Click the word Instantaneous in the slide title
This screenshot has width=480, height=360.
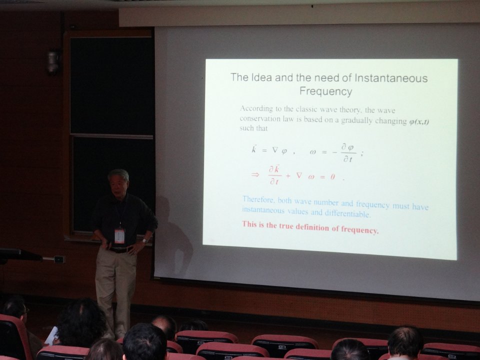click(x=391, y=78)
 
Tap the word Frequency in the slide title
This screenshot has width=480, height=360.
click(x=325, y=91)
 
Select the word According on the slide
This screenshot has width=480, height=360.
click(x=256, y=108)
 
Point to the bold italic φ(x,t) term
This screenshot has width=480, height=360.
click(x=419, y=121)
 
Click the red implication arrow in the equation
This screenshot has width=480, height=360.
click(x=255, y=174)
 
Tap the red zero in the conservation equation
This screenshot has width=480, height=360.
click(x=332, y=177)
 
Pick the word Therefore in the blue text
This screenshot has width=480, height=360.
click(x=258, y=199)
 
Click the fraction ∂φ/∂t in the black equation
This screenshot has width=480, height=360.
click(x=348, y=153)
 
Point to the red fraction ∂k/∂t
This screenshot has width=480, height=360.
click(x=274, y=175)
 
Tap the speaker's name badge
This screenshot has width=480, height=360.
click(x=119, y=235)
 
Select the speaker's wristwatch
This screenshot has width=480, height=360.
click(x=144, y=241)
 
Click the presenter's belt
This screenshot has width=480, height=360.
click(x=120, y=250)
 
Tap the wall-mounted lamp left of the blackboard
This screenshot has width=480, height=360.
click(x=53, y=62)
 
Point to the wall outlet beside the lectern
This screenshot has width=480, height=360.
click(x=59, y=259)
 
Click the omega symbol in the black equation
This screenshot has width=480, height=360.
click(x=312, y=152)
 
